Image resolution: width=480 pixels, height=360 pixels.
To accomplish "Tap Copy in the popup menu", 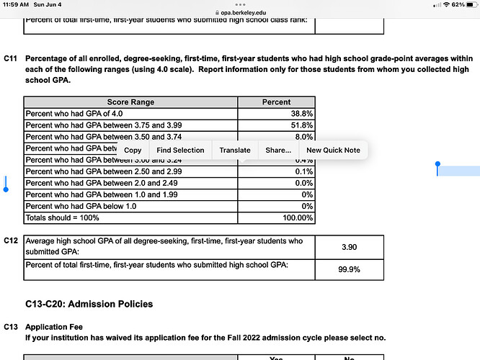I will point(133,150).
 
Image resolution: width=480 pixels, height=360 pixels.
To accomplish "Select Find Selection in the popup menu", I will point(180,150).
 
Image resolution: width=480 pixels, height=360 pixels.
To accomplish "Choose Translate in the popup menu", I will point(235,150).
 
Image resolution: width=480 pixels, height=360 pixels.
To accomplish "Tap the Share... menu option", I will point(278,150).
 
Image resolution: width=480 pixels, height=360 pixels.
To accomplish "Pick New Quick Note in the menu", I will point(333,150).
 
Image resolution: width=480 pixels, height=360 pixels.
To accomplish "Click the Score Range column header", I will point(130,102).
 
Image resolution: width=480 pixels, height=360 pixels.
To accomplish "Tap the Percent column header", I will point(277,102).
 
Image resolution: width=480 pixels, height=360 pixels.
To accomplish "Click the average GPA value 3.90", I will point(349,247).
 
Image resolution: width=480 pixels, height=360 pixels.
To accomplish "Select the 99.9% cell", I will point(349,270).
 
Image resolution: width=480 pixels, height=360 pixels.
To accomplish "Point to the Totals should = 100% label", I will point(63,217).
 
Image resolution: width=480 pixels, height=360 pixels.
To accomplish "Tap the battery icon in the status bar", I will point(469,5).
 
